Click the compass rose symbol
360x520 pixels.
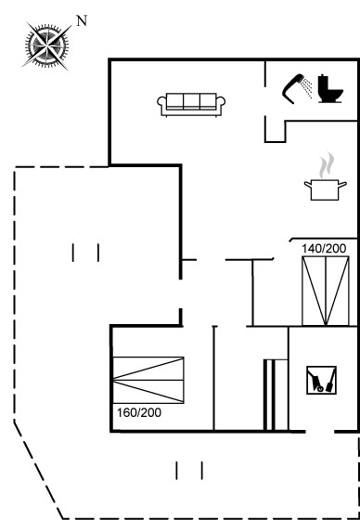point(46,45)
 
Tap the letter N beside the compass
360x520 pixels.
point(82,20)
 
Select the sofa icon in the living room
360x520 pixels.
point(191,105)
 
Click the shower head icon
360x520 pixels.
point(293,88)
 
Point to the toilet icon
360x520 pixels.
point(330,89)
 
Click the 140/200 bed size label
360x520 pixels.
point(324,249)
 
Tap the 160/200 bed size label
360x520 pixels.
point(139,413)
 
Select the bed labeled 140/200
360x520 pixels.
point(325,291)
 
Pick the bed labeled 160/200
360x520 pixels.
point(148,380)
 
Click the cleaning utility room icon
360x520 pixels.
point(321,380)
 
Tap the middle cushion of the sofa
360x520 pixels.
point(192,101)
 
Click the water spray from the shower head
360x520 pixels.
point(308,88)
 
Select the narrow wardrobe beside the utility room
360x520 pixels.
point(276,395)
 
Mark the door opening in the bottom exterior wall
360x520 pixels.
point(319,432)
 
